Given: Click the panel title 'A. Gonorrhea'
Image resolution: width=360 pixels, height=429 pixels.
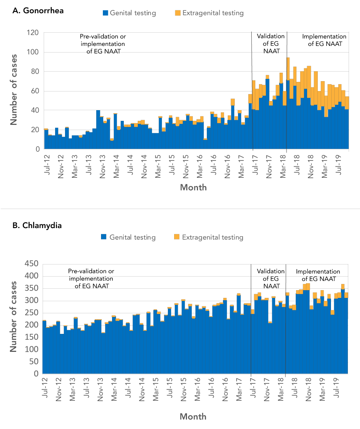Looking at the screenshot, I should point(38,11).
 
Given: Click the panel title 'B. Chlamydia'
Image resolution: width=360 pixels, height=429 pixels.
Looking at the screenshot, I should point(37,226).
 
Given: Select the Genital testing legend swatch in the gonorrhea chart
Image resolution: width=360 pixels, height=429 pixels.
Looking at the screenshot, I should point(105,13).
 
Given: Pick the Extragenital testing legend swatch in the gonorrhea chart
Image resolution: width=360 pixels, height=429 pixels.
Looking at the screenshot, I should point(177,13).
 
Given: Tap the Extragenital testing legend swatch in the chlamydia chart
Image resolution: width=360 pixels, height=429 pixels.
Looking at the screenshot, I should point(177,237).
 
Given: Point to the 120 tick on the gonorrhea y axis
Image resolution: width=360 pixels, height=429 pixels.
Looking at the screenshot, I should point(33,33).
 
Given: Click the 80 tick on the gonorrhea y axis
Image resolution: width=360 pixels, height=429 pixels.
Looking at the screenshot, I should point(35,72).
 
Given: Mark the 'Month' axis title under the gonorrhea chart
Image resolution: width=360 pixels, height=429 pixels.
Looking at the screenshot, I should point(193,188).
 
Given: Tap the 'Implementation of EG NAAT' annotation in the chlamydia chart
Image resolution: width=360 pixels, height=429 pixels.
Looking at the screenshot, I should point(318,275).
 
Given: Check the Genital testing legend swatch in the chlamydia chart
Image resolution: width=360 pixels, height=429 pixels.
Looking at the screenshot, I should point(105,237).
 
